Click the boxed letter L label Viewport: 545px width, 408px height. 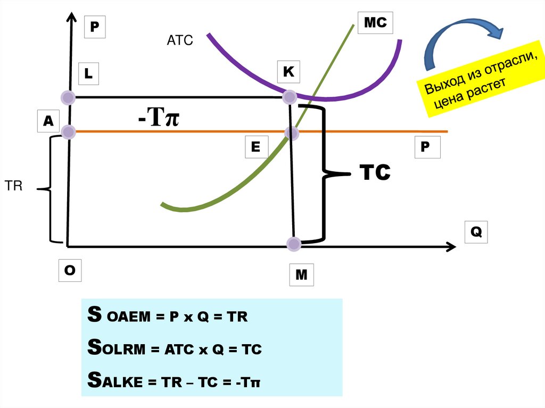tap(88, 74)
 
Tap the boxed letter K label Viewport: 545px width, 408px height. tap(288, 71)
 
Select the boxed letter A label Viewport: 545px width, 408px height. tap(48, 121)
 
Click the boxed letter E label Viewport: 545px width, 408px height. tap(256, 147)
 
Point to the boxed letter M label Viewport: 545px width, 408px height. tap(301, 275)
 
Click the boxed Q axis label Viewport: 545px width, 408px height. tap(475, 232)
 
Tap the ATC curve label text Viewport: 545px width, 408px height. tap(179, 40)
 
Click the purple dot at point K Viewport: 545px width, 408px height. tap(289, 97)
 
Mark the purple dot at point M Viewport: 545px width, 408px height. tap(293, 244)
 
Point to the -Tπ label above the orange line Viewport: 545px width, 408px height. tap(158, 118)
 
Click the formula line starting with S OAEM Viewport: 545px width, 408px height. tap(168, 317)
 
